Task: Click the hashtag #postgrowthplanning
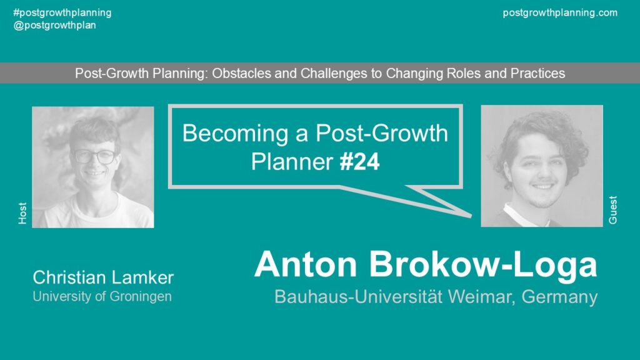click(x=62, y=12)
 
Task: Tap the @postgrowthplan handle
click(x=55, y=25)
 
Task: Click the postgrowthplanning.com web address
click(x=560, y=12)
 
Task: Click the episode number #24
click(x=359, y=162)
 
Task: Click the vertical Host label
click(x=22, y=213)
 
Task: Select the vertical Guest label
click(x=612, y=210)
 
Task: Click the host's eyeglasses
click(x=95, y=156)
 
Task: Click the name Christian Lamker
click(x=103, y=277)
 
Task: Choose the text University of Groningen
click(x=102, y=296)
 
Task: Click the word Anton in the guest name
click(x=306, y=264)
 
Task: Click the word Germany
click(x=559, y=297)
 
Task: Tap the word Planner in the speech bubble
click(x=292, y=162)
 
